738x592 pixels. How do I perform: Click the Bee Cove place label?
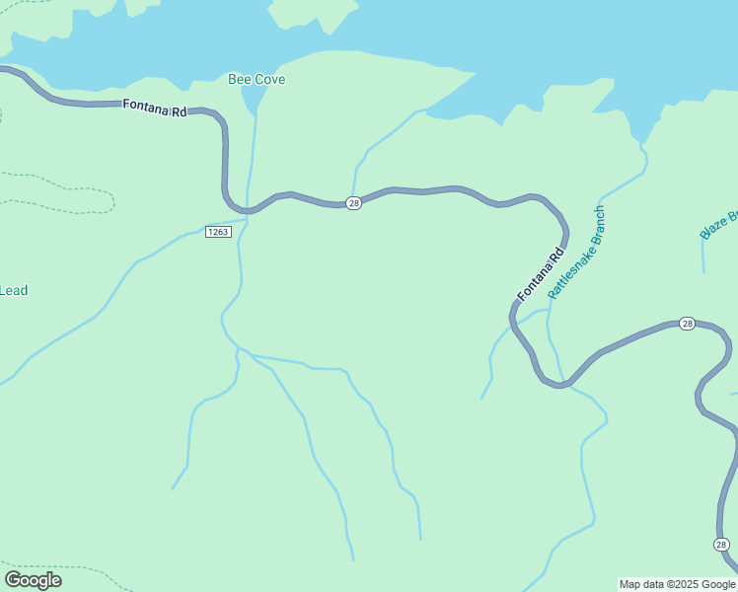[x=257, y=79]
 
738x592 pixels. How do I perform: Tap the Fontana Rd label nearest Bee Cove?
[x=155, y=110]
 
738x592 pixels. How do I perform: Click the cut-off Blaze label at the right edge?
[x=719, y=225]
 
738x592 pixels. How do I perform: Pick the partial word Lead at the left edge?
[x=14, y=290]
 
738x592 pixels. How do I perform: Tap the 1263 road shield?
[x=218, y=232]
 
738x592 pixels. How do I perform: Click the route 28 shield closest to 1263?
[x=354, y=202]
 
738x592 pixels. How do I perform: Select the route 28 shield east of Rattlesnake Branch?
[x=688, y=324]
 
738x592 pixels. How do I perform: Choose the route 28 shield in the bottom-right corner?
[x=721, y=545]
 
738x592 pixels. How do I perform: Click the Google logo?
[x=33, y=580]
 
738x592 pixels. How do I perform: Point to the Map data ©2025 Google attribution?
[x=677, y=584]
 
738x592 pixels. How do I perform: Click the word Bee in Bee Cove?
[x=238, y=79]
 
